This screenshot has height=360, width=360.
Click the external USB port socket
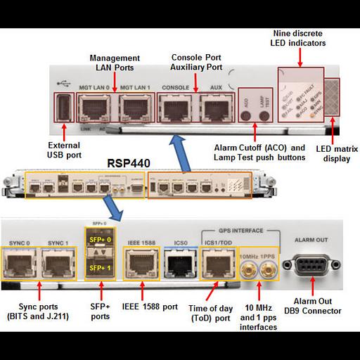[63, 108]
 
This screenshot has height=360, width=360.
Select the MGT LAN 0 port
[93, 108]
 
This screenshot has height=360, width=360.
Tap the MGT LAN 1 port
[133, 108]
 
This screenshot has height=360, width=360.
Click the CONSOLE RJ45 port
[174, 108]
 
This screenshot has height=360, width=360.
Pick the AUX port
[214, 108]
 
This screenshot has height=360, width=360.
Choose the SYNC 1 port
[58, 265]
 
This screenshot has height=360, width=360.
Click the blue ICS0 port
[175, 265]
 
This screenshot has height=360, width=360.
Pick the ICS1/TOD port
[214, 265]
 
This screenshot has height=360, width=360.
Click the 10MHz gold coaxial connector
[247, 266]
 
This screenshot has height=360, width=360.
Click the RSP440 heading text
[129, 162]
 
